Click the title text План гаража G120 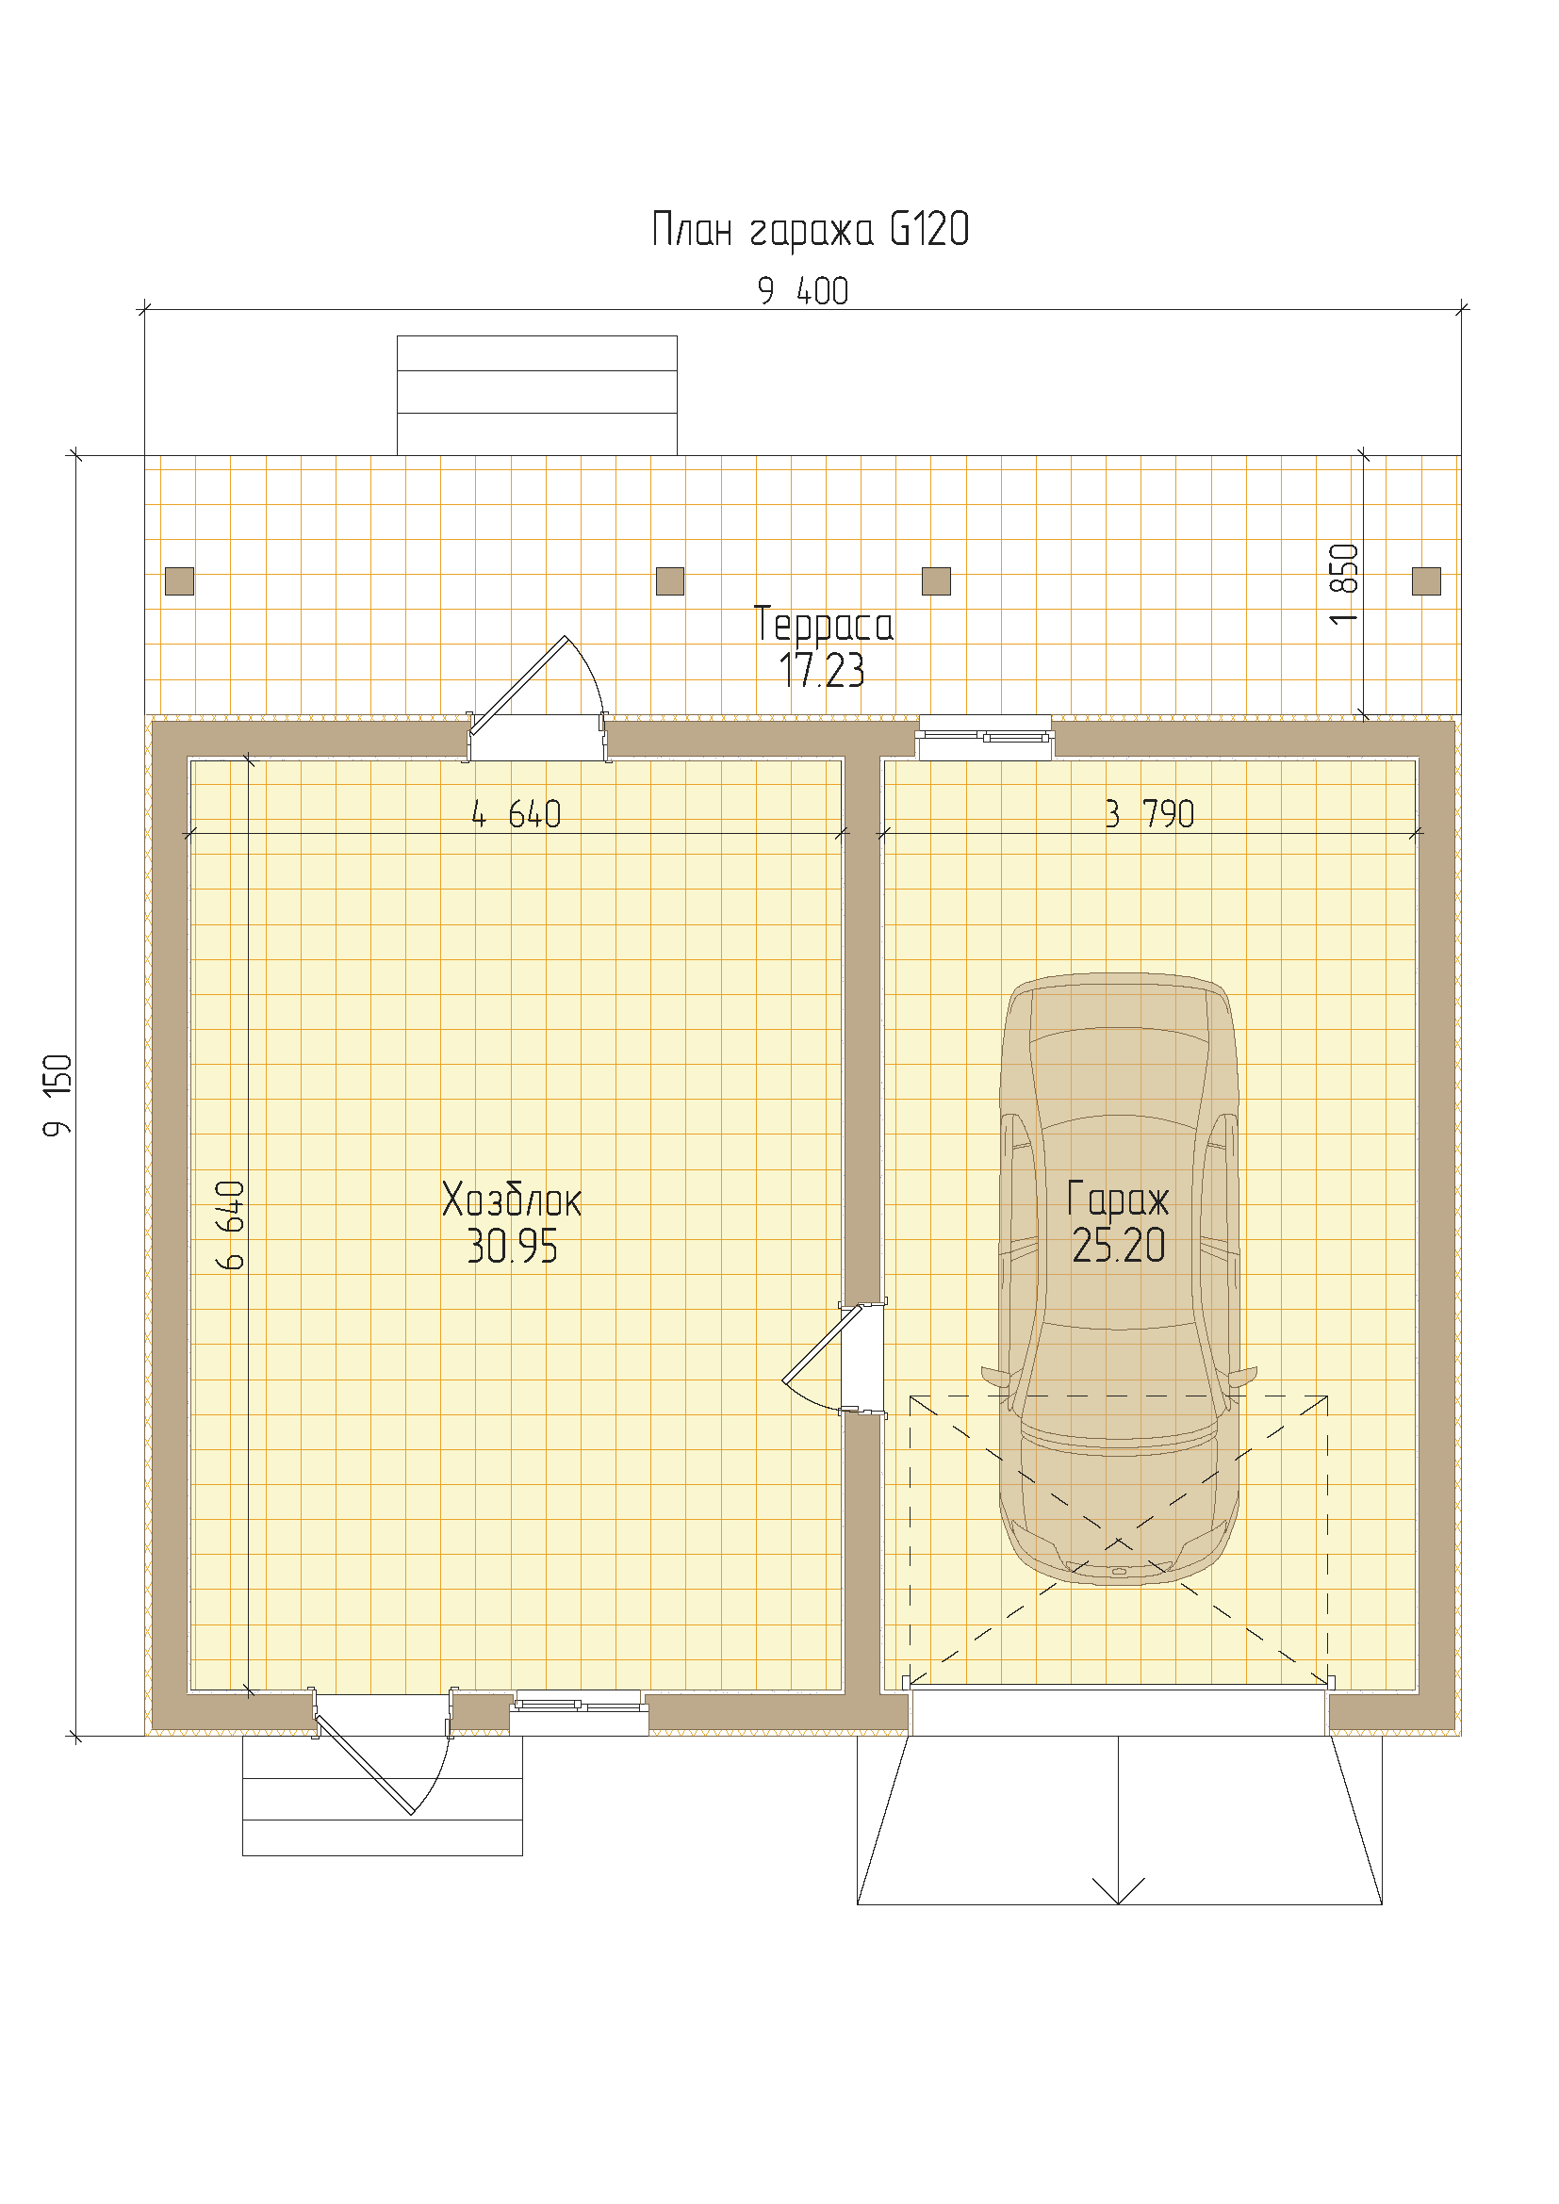point(811,230)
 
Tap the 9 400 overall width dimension point(802,291)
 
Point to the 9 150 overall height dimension point(57,1095)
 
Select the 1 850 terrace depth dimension point(1344,583)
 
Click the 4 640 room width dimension point(517,814)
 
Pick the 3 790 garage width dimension point(1149,814)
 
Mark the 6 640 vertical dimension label point(230,1226)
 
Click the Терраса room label point(824,624)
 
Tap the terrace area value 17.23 point(822,670)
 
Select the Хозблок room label point(512,1199)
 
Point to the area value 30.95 point(513,1246)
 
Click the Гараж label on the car point(1119,1200)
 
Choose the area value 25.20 point(1119,1245)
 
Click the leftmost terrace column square point(179,580)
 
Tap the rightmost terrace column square point(1426,580)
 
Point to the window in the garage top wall point(985,737)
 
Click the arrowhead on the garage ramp point(1119,1890)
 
